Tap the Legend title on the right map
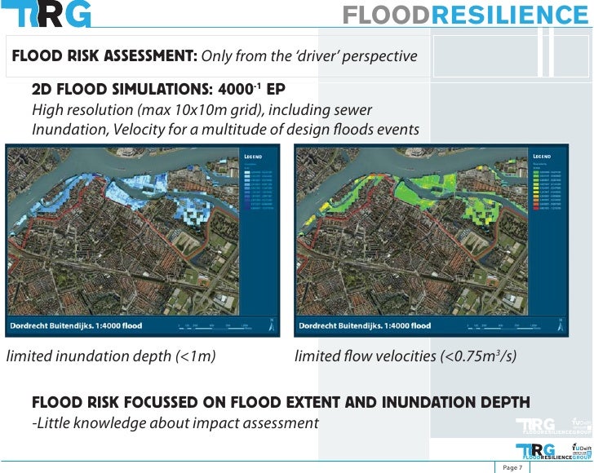543,156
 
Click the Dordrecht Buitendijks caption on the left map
75,326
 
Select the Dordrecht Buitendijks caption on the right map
364,326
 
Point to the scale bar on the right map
503,326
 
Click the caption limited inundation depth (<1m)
111,356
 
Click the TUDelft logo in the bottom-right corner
582,450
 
